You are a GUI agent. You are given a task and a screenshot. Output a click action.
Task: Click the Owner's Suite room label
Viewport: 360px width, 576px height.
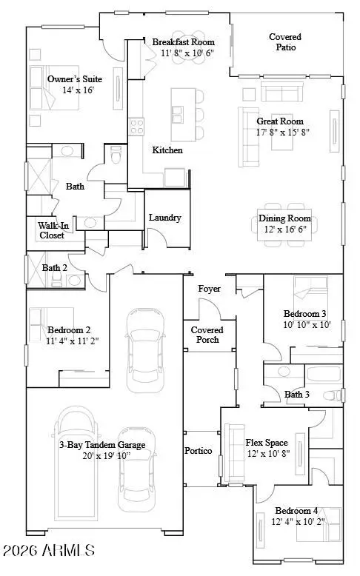pos(74,79)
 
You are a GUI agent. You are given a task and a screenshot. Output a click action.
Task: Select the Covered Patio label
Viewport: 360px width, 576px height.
pos(285,41)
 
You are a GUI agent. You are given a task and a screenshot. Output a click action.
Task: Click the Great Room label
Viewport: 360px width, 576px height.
pos(280,121)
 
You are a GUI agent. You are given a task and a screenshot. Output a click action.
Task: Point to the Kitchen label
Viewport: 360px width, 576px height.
pos(167,150)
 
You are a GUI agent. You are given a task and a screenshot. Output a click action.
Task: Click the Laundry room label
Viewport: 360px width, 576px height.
pos(164,218)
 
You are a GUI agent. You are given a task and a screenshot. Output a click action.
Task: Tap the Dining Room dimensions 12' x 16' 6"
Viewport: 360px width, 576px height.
pos(284,230)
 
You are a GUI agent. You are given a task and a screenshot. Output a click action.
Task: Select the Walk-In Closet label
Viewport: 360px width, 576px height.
pos(52,230)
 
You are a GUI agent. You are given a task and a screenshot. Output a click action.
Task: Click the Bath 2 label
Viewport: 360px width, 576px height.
pos(55,268)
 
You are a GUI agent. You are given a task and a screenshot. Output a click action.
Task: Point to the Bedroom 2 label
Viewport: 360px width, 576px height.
pos(69,329)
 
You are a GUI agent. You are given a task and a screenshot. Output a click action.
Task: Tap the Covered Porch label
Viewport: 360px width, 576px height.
pos(207,335)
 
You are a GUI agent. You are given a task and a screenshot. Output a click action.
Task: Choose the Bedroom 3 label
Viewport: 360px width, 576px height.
pos(304,313)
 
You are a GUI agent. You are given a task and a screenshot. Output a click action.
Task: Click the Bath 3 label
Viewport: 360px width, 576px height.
pos(297,395)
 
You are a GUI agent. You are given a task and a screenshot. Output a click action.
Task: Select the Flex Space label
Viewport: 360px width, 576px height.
pos(266,443)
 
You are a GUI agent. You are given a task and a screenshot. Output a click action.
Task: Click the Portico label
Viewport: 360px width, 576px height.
pos(199,451)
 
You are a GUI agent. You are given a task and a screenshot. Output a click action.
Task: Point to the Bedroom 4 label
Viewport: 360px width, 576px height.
pos(296,511)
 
